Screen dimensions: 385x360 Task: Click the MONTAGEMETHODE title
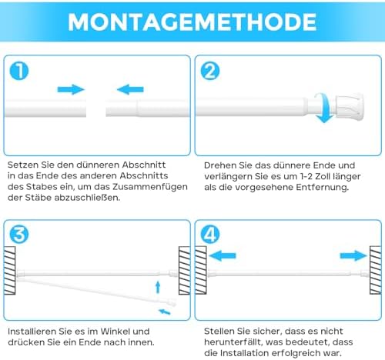click(x=192, y=22)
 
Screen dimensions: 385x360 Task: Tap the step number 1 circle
click(x=19, y=71)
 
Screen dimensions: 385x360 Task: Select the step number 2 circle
click(x=210, y=71)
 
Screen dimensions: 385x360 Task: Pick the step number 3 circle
click(x=19, y=234)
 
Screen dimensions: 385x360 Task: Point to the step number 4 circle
click(x=210, y=234)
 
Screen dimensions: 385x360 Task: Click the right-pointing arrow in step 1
click(x=71, y=89)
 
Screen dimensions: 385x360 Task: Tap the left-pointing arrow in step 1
click(x=130, y=89)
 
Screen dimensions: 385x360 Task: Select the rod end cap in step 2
click(x=350, y=107)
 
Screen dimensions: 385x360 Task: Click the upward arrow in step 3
click(x=158, y=287)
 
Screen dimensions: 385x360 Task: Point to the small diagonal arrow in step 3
click(x=165, y=312)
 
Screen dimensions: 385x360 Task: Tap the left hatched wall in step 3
click(x=9, y=270)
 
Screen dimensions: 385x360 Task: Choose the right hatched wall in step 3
click(x=185, y=270)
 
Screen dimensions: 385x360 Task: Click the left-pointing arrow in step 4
click(x=223, y=255)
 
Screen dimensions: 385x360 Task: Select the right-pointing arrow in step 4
click(x=353, y=255)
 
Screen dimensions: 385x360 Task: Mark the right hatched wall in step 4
click(x=376, y=270)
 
